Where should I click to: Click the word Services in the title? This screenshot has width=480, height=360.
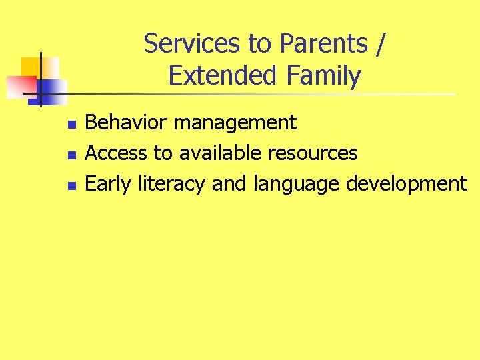[x=193, y=44]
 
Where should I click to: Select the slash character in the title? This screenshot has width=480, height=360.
[x=379, y=44]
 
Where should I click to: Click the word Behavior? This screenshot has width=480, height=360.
[x=123, y=123]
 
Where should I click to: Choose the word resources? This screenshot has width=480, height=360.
[x=313, y=154]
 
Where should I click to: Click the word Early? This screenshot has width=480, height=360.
[x=109, y=184]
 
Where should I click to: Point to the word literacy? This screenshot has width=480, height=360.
[x=171, y=184]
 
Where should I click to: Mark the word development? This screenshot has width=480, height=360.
[x=407, y=185]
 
